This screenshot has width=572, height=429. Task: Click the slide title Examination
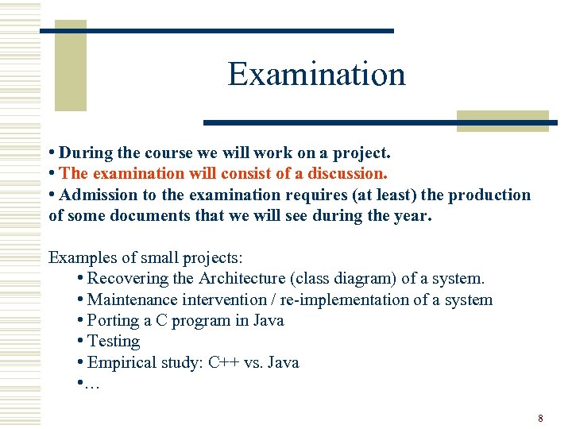tap(316, 75)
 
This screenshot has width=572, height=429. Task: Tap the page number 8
tap(540, 418)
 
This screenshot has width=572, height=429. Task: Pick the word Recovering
tap(128, 278)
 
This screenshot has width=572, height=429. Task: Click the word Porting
tap(113, 320)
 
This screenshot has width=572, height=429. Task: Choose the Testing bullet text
tap(114, 342)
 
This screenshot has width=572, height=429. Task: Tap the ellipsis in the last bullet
tap(93, 384)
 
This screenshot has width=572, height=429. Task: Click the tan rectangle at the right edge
tap(502, 120)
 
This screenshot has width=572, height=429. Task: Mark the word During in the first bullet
tap(83, 152)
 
